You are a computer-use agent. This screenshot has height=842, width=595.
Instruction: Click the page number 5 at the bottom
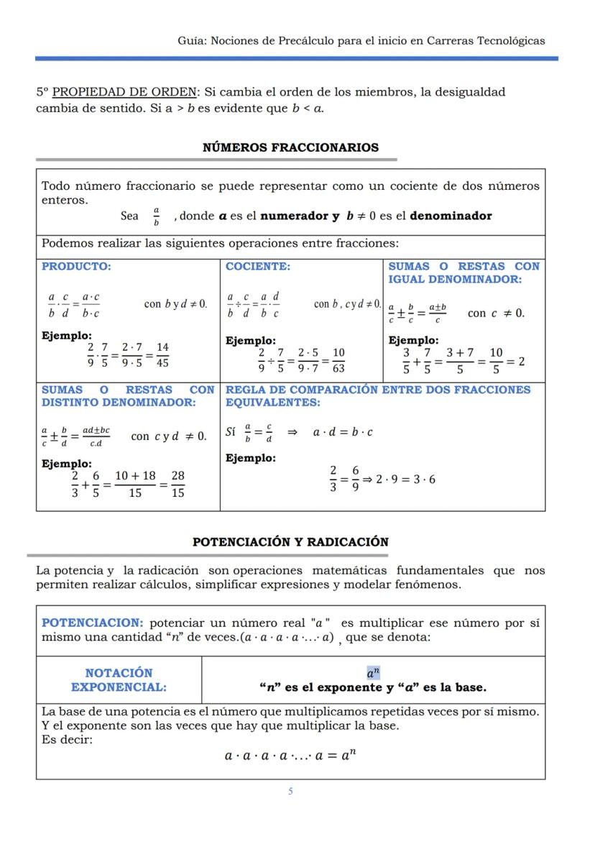[x=290, y=791]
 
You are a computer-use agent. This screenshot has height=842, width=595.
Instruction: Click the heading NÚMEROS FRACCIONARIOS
[x=290, y=147]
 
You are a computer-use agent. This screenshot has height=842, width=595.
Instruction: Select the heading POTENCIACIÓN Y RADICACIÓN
[x=290, y=542]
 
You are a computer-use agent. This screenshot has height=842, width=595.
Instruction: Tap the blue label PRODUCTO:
[x=76, y=266]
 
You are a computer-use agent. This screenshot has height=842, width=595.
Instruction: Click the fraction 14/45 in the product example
[x=162, y=355]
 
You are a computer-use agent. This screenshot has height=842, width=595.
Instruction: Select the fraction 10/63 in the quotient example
[x=338, y=360]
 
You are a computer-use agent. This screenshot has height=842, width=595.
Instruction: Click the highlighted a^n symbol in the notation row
[x=373, y=674]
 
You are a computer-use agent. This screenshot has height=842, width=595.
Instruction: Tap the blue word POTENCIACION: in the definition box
[x=93, y=623]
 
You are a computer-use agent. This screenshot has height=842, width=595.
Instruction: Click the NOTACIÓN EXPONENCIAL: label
[x=119, y=680]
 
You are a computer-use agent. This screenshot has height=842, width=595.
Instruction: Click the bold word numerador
[x=295, y=216]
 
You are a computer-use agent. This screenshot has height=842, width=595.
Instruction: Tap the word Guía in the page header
[x=190, y=40]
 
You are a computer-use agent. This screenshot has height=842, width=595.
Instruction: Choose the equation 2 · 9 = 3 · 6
[x=405, y=480]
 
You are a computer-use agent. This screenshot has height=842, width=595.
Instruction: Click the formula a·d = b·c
[x=343, y=432]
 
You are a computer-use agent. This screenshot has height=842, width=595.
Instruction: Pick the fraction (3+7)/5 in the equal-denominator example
[x=460, y=361]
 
